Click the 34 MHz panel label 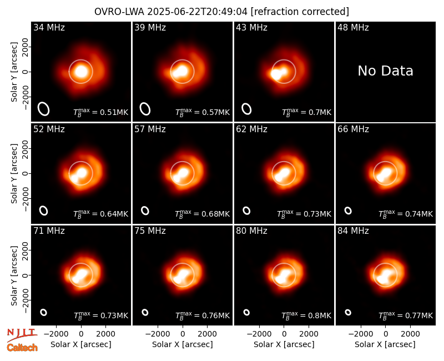coord(49,27)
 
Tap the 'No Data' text coord(385,71)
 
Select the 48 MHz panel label coord(353,27)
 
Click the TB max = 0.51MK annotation coord(101,112)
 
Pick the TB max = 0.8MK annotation coord(306,315)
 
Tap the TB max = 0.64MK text coord(101,214)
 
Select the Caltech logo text coord(22,348)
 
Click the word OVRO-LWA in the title coord(119,12)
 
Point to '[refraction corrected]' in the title coord(300,12)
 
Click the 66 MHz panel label coord(353,129)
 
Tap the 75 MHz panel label coord(150,231)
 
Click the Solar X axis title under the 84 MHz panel coord(385,344)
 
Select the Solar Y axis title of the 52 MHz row coord(14,173)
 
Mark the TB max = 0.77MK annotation coord(406,315)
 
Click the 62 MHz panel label coord(251,129)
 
